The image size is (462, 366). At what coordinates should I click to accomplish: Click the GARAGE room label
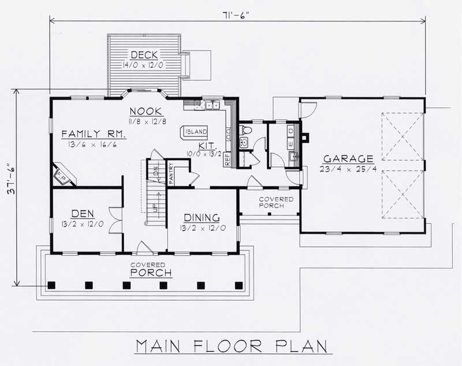coord(348,158)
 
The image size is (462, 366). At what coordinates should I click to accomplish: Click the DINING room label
coord(202,217)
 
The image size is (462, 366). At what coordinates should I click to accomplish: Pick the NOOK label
coord(145,111)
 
